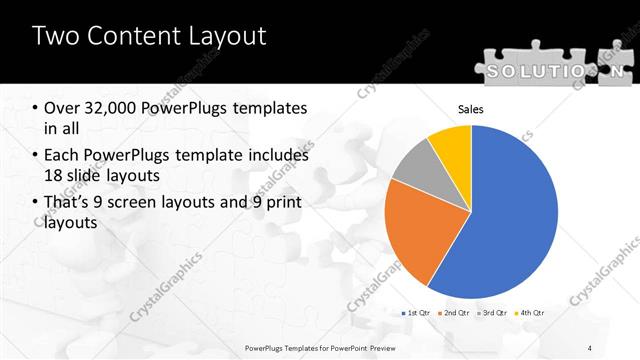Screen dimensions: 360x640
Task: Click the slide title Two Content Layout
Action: pos(149,37)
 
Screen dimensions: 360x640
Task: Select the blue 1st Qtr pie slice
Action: pos(510,215)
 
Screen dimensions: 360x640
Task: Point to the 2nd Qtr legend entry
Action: pos(457,313)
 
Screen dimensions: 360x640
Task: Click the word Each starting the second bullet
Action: pos(61,155)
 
